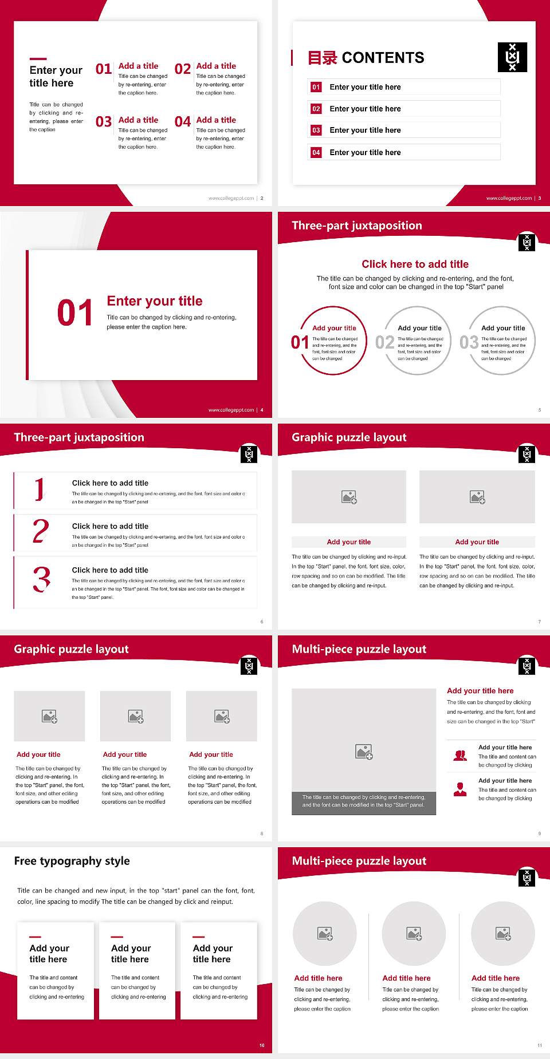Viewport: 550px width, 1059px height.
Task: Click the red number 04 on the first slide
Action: [x=183, y=121]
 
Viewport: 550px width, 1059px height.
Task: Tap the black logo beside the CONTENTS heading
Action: [x=512, y=57]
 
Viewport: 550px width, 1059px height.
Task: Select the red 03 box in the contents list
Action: [x=316, y=131]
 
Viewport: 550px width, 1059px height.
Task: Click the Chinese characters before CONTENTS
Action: [x=323, y=58]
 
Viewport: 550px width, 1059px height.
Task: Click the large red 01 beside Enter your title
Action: [x=75, y=313]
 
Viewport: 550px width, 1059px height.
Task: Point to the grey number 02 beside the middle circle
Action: [x=384, y=342]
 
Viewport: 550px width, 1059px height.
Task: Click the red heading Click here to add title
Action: [x=415, y=264]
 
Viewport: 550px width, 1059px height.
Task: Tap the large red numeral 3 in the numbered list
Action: [x=42, y=579]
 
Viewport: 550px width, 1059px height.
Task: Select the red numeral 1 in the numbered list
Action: [x=39, y=489]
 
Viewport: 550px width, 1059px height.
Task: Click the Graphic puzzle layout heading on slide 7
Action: [x=349, y=437]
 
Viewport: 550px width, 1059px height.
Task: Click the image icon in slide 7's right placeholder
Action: [x=477, y=497]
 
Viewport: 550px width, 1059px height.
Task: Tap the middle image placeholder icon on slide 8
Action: [x=136, y=716]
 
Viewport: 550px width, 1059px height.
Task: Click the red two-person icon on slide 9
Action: [x=459, y=756]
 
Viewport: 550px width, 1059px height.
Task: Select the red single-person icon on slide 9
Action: [x=459, y=789]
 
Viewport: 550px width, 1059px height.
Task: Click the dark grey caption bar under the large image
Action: [x=364, y=801]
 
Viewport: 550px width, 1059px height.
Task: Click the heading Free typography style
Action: [x=72, y=861]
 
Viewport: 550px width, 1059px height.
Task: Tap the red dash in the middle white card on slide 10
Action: [x=117, y=937]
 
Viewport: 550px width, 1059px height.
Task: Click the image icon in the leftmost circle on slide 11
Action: [x=325, y=934]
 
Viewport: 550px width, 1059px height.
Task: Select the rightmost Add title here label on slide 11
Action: [x=496, y=978]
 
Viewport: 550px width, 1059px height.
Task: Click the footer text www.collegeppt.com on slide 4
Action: [x=231, y=410]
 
